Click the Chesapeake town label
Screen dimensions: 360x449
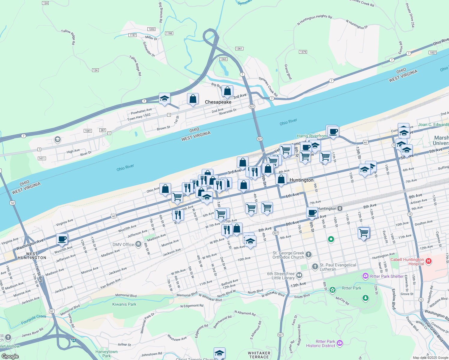click(x=218, y=102)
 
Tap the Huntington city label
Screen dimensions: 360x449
click(x=301, y=180)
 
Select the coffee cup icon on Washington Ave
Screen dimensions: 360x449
click(x=62, y=239)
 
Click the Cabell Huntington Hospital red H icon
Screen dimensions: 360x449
click(x=429, y=261)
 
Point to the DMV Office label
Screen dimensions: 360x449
click(x=123, y=244)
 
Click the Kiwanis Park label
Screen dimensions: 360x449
click(x=124, y=304)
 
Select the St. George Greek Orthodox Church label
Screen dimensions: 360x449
click(x=288, y=255)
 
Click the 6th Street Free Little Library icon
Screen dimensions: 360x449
click(x=299, y=275)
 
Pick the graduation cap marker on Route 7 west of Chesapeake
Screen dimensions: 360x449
click(x=164, y=98)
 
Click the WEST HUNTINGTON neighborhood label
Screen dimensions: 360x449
click(x=32, y=256)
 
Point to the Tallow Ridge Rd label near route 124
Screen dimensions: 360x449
click(x=135, y=65)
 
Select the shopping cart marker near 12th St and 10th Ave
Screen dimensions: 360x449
click(x=364, y=232)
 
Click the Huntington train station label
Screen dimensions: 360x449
click(x=327, y=208)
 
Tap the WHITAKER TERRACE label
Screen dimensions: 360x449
click(x=259, y=355)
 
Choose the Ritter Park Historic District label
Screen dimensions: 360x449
click(x=321, y=343)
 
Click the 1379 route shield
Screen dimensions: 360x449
click(x=303, y=52)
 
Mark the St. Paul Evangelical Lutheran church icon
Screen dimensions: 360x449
click(x=315, y=266)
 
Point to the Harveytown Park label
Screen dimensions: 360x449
click(x=107, y=354)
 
